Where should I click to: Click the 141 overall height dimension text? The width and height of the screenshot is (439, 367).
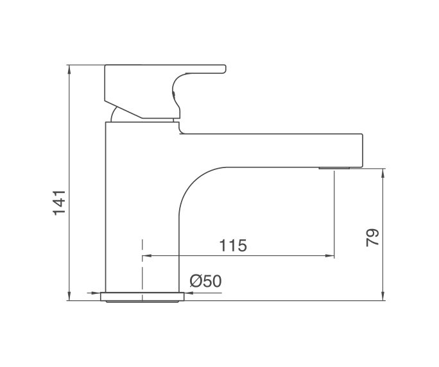60,202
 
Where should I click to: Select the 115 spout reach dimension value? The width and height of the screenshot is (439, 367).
233,246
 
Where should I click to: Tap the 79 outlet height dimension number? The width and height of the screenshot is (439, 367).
373,237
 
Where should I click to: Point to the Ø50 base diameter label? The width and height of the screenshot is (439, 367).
205,281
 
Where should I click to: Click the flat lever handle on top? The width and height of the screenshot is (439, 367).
164,70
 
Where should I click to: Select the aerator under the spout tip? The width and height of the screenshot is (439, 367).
334,169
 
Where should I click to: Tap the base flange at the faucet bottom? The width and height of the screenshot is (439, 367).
142,296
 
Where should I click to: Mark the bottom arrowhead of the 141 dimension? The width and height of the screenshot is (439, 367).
69,296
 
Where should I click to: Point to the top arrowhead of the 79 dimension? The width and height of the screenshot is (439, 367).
383,172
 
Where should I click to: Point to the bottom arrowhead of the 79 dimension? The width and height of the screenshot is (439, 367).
383,296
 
